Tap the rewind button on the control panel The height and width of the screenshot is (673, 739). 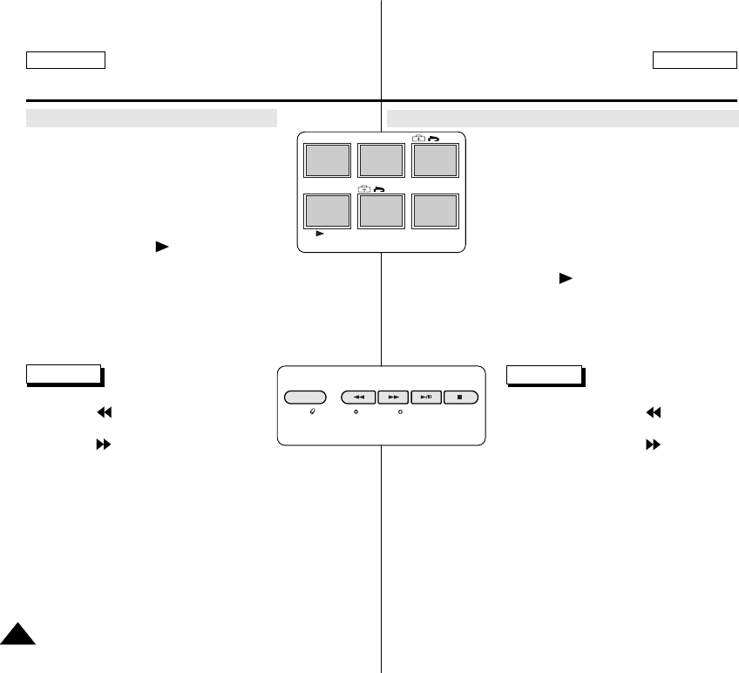[x=358, y=397]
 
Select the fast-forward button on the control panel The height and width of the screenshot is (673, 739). [x=393, y=397]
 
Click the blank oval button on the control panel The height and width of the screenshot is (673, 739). [x=305, y=397]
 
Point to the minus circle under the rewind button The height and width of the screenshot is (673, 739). [x=356, y=410]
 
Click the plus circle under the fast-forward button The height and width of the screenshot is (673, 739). [x=399, y=410]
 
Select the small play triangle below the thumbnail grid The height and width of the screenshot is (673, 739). [x=320, y=235]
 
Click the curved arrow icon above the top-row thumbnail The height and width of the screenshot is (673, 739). [x=434, y=138]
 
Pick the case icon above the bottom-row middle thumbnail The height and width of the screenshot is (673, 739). [x=364, y=188]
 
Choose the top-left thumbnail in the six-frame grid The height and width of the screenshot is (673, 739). [x=327, y=161]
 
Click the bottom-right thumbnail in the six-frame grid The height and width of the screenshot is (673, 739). [x=435, y=210]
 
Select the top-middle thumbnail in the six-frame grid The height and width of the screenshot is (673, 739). [x=381, y=161]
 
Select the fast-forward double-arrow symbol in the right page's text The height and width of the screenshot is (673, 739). [x=651, y=443]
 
